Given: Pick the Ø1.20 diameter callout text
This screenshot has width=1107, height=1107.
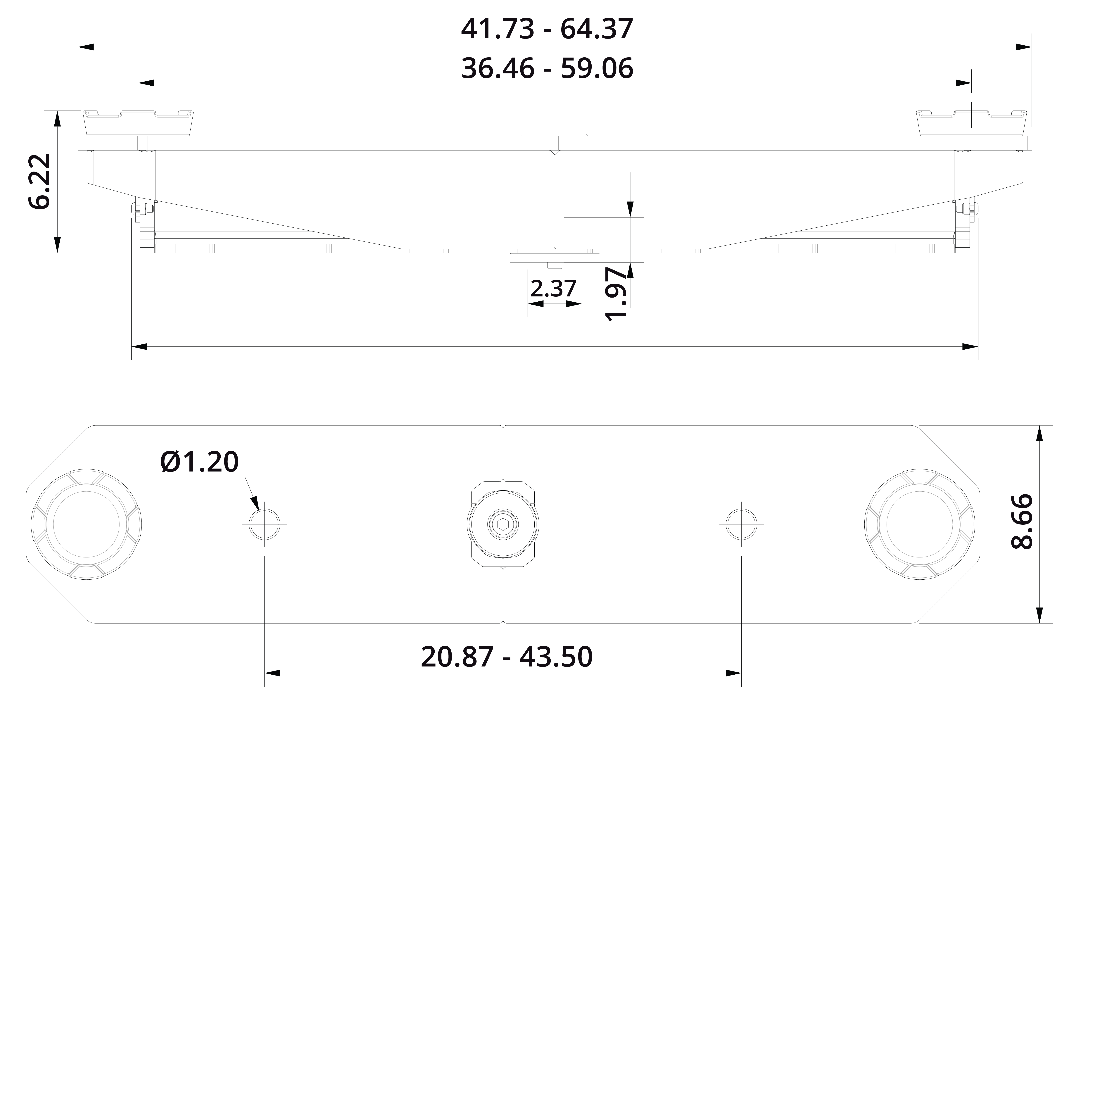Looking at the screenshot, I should tap(199, 462).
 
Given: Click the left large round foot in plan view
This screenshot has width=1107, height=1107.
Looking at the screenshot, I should tap(86, 524).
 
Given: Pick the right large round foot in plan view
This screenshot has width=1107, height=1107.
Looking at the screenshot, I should tap(919, 524).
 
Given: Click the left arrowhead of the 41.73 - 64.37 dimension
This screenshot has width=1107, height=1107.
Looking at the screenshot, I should tap(86, 47).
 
